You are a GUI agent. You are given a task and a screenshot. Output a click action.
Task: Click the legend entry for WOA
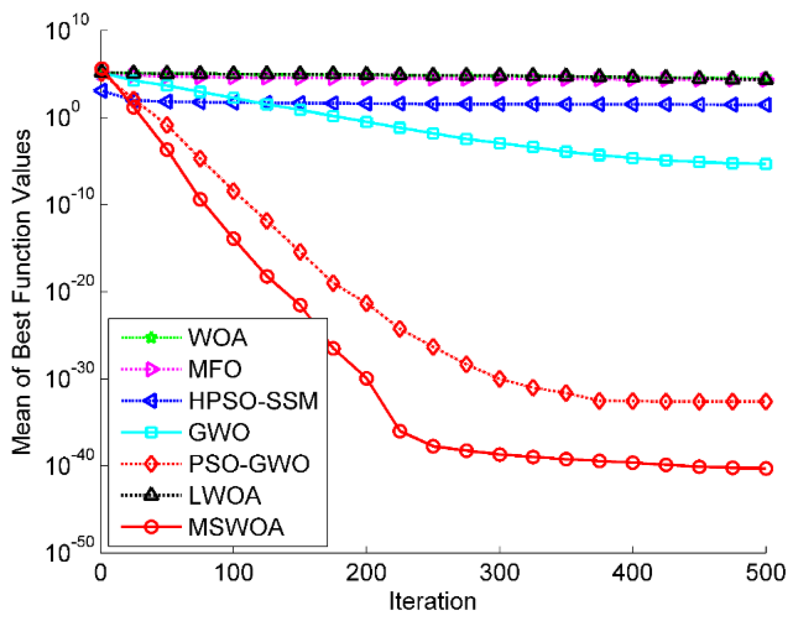[217, 337]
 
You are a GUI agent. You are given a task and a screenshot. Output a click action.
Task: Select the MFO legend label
[214, 369]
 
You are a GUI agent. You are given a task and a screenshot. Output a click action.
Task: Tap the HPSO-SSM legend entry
[253, 401]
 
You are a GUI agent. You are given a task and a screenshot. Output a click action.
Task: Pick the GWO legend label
[219, 432]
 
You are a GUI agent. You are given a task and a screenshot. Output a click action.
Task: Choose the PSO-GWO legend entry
[248, 464]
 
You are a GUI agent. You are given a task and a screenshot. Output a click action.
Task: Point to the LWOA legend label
[224, 496]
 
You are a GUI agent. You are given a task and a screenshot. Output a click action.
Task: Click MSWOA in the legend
[236, 527]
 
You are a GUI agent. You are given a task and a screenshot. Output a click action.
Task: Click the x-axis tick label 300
[499, 573]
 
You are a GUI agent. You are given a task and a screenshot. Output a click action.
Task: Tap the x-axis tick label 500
[765, 573]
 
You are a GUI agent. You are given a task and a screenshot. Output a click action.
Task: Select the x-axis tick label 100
[233, 573]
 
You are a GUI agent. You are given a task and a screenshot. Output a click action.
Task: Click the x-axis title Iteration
[432, 602]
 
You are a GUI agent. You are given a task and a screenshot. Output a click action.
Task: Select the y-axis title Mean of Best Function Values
[22, 291]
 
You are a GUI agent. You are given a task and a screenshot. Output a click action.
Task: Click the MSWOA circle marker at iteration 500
[765, 468]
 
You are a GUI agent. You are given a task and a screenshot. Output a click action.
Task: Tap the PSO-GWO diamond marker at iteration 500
[765, 402]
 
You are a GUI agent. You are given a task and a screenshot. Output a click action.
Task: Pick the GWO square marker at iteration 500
[765, 164]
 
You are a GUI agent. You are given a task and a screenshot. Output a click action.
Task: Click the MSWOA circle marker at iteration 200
[366, 378]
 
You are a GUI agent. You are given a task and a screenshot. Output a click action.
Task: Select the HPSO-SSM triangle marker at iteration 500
[765, 105]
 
